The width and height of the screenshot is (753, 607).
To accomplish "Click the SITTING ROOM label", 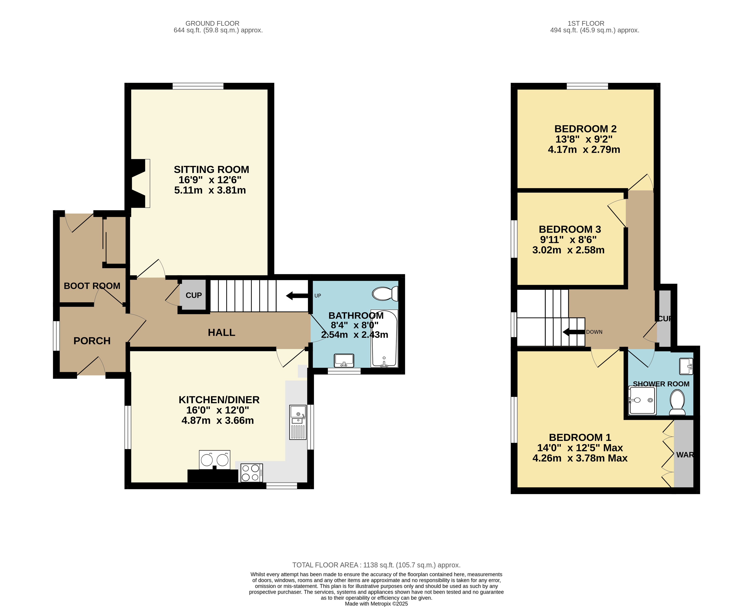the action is click(x=211, y=170).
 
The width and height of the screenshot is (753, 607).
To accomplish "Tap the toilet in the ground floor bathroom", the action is click(x=385, y=294).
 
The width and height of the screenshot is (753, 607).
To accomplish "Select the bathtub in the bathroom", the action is click(x=384, y=339).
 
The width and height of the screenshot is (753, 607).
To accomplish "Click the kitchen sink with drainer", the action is click(x=298, y=422).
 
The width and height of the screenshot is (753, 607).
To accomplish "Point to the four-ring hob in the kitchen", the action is click(x=252, y=473).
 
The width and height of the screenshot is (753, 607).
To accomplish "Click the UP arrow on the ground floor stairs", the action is click(x=297, y=296).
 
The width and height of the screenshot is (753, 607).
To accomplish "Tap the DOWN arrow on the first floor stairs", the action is click(x=574, y=332).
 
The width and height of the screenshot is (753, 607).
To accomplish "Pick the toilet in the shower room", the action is click(x=677, y=402).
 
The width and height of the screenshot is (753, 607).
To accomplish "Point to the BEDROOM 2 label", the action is click(x=585, y=129).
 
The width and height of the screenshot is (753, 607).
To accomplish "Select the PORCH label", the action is click(x=92, y=341).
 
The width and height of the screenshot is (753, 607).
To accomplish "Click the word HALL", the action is click(x=222, y=333).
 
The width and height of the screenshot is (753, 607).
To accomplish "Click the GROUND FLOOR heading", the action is click(x=213, y=23).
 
